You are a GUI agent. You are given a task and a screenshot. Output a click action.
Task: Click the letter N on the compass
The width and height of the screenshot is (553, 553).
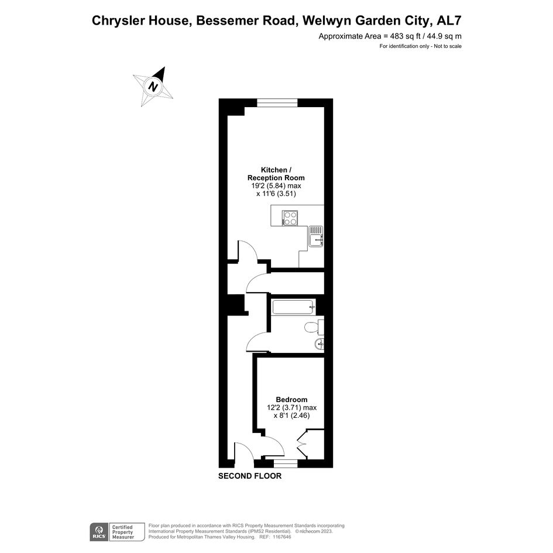[x=153, y=86]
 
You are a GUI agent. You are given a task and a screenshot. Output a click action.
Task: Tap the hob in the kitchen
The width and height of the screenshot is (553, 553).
[x=290, y=218]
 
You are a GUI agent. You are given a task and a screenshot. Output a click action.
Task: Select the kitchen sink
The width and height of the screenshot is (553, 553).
[x=315, y=236]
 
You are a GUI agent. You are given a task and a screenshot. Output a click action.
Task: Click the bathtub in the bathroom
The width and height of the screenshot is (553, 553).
[x=293, y=307]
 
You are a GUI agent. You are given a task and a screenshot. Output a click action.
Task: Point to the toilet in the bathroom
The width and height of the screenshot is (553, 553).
[x=314, y=327]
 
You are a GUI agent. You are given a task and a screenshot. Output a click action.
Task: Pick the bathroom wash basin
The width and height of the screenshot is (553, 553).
[x=318, y=344]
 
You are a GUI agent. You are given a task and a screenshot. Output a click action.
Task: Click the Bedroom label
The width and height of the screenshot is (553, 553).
[x=291, y=400]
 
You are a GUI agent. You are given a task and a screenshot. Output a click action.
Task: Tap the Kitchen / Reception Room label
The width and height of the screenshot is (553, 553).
[x=276, y=174]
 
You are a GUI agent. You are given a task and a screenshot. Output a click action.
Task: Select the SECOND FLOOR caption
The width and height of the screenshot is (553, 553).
[x=250, y=476]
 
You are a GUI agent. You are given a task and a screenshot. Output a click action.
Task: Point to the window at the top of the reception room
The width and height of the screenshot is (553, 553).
[x=277, y=102]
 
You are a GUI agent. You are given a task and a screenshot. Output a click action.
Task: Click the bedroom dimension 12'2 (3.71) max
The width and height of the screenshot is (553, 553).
[x=291, y=408]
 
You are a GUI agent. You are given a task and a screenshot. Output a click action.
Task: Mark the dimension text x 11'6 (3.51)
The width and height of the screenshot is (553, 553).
[x=276, y=194]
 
